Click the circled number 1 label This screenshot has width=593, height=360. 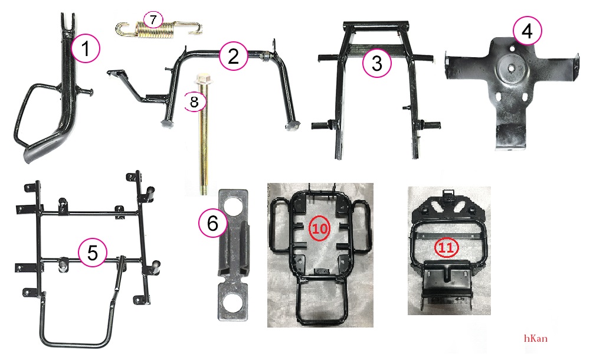[x=86, y=48]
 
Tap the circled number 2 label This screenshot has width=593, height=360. [x=233, y=55]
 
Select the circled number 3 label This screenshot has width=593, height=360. [x=376, y=63]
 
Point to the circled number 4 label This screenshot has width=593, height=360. [x=527, y=31]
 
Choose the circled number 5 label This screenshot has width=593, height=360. [x=93, y=252]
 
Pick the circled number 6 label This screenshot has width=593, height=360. [x=213, y=223]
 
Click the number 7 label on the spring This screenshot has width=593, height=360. [x=153, y=19]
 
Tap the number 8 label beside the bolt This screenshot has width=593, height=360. [x=195, y=102]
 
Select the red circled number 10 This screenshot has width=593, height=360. [x=320, y=228]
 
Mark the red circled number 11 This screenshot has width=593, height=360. [x=446, y=248]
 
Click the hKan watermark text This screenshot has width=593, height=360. [x=536, y=338]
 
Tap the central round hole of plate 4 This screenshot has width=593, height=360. [x=510, y=68]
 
